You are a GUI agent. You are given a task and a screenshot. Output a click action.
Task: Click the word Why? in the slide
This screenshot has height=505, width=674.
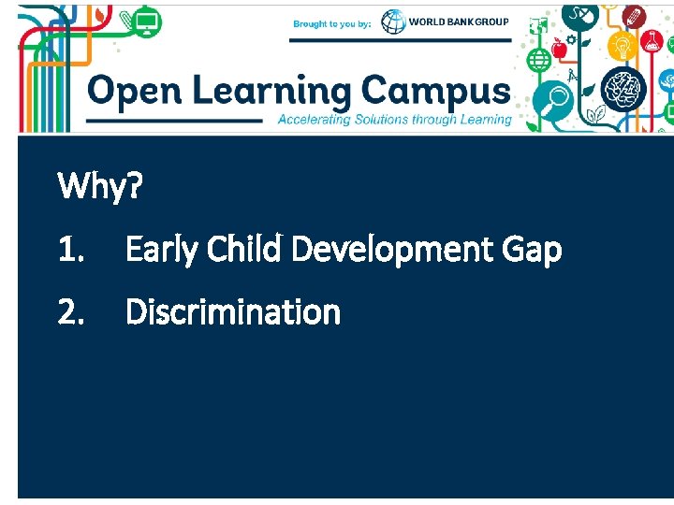pos(100,187)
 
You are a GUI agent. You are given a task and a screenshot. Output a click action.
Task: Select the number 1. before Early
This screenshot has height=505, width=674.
pos(71,250)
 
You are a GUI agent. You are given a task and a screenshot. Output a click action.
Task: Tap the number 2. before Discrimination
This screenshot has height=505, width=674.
pos(72,311)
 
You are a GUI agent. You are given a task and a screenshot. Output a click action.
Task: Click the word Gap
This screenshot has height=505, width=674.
pos(532,251)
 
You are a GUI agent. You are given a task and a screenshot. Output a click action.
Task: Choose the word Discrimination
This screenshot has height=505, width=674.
pos(233,311)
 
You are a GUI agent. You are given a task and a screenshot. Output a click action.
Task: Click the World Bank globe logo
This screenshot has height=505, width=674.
pos(394,22)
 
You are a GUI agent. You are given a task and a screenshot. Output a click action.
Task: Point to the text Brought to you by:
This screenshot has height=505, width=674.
pos(332,23)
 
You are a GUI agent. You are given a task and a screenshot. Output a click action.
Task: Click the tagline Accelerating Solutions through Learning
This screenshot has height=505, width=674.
pos(394,120)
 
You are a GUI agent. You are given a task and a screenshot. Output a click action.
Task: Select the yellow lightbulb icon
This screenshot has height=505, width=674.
pos(623,45)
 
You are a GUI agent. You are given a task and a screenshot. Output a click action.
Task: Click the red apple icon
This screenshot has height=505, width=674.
pos(559,49)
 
